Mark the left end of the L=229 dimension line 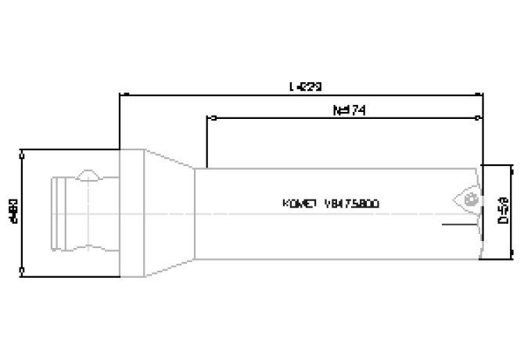tap(120, 94)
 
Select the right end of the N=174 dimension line tap(479, 119)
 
